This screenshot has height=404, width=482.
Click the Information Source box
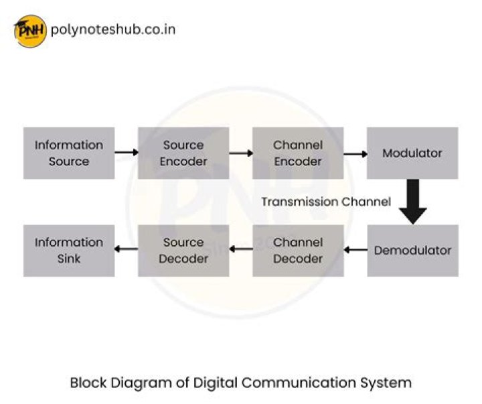click(69, 153)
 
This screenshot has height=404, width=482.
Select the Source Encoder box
click(183, 153)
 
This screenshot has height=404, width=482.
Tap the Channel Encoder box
click(298, 153)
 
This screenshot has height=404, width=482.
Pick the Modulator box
click(412, 153)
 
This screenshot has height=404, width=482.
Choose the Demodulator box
click(412, 251)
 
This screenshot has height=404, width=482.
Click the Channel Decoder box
click(298, 251)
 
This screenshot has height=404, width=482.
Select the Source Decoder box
click(183, 251)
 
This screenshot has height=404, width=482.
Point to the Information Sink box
click(69, 251)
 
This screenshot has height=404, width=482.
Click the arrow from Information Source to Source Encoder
click(127, 153)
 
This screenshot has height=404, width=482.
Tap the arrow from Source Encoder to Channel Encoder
click(241, 153)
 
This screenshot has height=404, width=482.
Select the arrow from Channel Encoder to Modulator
click(355, 153)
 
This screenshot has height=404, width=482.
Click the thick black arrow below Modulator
click(413, 202)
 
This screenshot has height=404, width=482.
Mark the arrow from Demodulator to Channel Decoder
click(355, 251)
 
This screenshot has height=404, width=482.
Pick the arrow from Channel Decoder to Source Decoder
click(241, 251)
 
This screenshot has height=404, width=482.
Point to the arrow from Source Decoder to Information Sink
click(127, 251)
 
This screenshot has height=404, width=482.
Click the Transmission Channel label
click(326, 202)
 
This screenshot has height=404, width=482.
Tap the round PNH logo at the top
click(30, 31)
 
